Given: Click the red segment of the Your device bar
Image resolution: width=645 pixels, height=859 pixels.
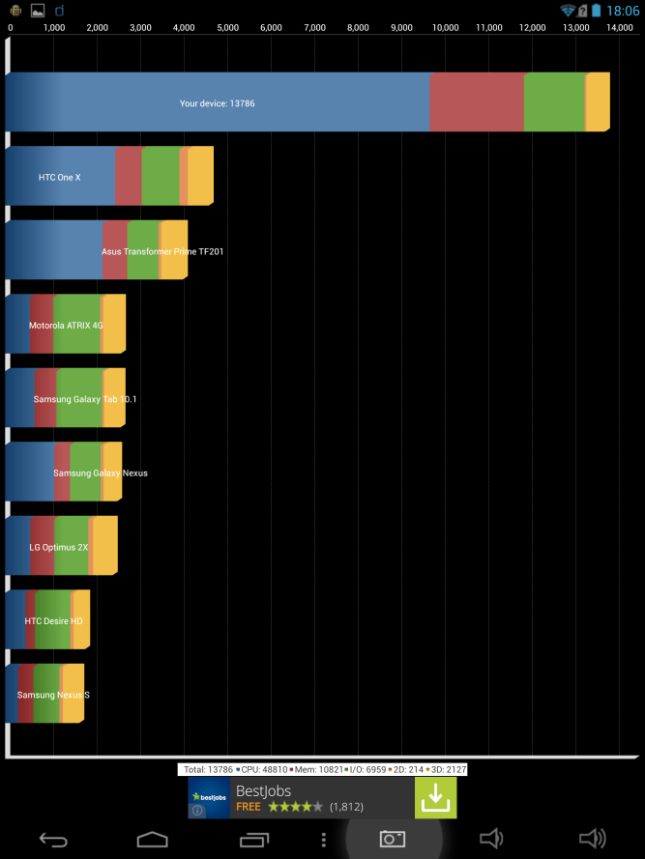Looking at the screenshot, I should coord(476,102).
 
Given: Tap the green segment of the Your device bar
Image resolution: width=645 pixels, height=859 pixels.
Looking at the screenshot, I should coord(554,102).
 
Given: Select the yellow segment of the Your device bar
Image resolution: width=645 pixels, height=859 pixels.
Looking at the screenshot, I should coord(598,102).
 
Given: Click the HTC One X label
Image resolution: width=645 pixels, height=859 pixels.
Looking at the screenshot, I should coord(60,177).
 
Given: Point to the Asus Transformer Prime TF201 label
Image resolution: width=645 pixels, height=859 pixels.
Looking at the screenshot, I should coord(162,251).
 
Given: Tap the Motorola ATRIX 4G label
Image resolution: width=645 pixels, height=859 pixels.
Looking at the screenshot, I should coord(66,326).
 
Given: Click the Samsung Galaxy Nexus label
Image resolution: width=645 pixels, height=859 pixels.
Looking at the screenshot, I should coord(101,472).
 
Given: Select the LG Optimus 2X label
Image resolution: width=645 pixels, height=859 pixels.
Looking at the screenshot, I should coord(59,547).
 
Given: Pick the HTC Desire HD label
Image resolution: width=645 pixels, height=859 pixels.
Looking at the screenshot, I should coord(53,620).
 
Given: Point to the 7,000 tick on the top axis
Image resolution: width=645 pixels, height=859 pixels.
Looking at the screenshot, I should coord(314,27).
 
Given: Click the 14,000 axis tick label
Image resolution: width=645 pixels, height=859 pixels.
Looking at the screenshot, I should coord(619,27).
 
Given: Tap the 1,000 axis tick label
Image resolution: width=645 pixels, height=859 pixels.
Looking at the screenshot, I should coord(54,27).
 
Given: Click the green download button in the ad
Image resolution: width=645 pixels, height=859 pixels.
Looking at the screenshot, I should coord(436,798).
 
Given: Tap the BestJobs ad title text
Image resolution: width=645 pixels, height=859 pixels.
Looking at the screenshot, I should coord(263,790).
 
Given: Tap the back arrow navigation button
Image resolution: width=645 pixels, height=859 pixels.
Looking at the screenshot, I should coord(53,839).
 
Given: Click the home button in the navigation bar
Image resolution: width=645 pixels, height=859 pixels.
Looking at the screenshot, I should coord(153,839).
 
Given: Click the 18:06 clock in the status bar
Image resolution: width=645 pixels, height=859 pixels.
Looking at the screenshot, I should coord(623,11).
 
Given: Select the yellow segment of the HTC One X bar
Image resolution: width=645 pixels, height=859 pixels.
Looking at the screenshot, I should coord(201,177).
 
